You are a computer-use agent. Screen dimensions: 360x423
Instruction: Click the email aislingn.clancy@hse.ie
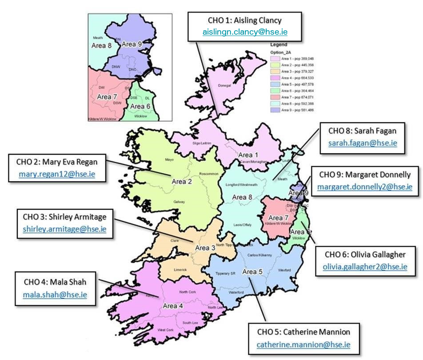(x=244, y=32)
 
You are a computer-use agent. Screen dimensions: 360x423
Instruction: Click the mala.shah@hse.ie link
(x=56, y=294)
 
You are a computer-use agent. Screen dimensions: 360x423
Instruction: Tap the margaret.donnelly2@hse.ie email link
(x=365, y=187)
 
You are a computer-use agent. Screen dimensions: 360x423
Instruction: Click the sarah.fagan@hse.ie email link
(x=363, y=143)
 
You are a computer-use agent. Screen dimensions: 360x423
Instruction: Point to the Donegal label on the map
(x=225, y=86)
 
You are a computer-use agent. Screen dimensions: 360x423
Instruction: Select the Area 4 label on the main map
(x=173, y=306)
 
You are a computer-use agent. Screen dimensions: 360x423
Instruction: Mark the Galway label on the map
(x=180, y=201)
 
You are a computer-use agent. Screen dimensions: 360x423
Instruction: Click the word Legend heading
(x=279, y=44)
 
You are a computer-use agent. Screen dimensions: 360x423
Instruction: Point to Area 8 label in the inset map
(x=102, y=45)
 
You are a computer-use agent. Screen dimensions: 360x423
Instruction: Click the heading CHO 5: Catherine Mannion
(x=303, y=332)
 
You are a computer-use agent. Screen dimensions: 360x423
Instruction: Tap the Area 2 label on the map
(x=182, y=181)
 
